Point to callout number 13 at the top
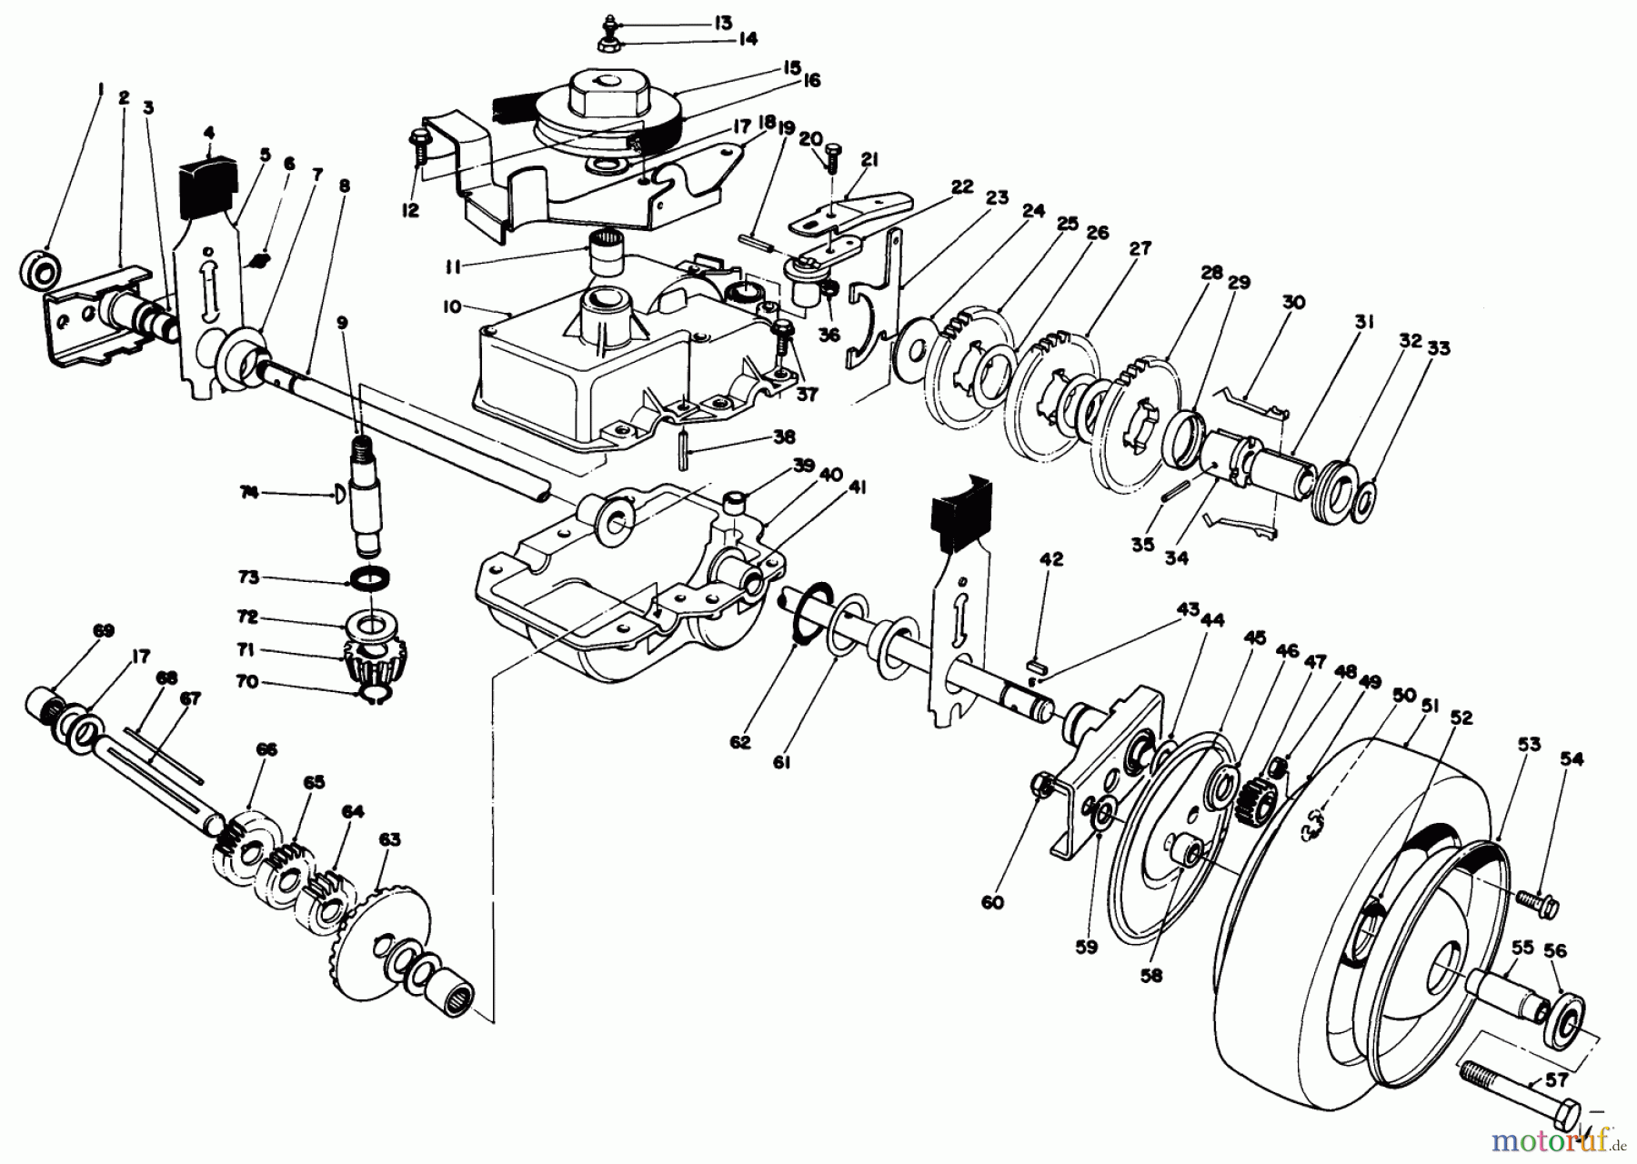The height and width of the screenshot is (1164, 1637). [x=722, y=22]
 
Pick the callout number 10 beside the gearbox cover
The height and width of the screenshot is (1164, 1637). [x=452, y=307]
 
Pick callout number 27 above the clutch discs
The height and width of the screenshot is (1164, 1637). [x=1140, y=248]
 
